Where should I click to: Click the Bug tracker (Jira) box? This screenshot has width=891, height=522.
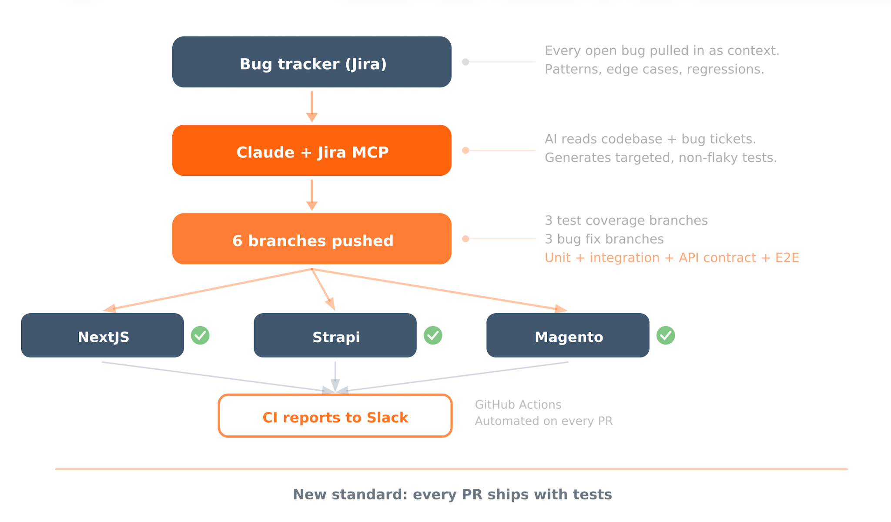(312, 62)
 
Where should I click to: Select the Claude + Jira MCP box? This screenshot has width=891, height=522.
(312, 151)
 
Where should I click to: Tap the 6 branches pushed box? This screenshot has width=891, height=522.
(312, 239)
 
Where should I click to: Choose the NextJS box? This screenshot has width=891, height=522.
(103, 335)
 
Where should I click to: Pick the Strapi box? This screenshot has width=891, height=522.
(335, 335)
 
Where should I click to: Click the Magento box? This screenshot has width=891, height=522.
(568, 335)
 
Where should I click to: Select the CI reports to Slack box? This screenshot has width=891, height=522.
(335, 415)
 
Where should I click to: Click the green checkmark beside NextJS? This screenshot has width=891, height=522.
(200, 335)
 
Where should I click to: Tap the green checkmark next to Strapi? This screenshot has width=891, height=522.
(433, 335)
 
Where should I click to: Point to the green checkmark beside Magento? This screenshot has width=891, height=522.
(666, 335)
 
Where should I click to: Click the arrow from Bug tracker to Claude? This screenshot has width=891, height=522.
(312, 107)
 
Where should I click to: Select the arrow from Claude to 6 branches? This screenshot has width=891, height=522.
(312, 195)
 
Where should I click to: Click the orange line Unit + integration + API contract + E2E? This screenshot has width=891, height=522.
(672, 258)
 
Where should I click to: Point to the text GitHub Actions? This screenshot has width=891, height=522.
(518, 405)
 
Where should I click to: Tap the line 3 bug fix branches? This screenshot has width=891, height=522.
(604, 239)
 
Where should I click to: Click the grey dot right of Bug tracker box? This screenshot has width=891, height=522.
(466, 62)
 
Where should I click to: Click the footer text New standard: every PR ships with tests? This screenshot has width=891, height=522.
(452, 495)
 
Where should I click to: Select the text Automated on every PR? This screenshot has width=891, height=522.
(544, 421)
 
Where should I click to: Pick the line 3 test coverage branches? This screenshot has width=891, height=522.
(626, 221)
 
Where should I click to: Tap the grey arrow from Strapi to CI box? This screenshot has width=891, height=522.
(335, 377)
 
